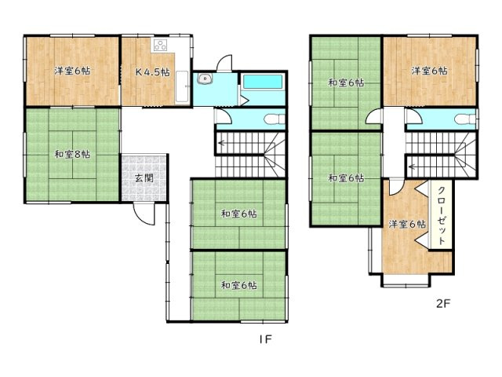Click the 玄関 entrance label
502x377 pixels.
144,178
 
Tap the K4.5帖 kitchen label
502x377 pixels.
153,72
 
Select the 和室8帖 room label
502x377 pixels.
72,155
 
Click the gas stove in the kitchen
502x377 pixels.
160,45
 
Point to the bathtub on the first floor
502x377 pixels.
263,82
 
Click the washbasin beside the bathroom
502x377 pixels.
204,79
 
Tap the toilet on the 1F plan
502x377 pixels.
275,119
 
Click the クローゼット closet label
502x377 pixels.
442,215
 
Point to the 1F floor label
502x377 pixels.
265,339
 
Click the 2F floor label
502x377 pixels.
443,303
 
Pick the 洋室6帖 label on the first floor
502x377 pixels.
72,71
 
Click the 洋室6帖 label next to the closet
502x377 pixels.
407,224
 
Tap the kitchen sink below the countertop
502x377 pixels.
182,86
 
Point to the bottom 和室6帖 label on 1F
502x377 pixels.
239,285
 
